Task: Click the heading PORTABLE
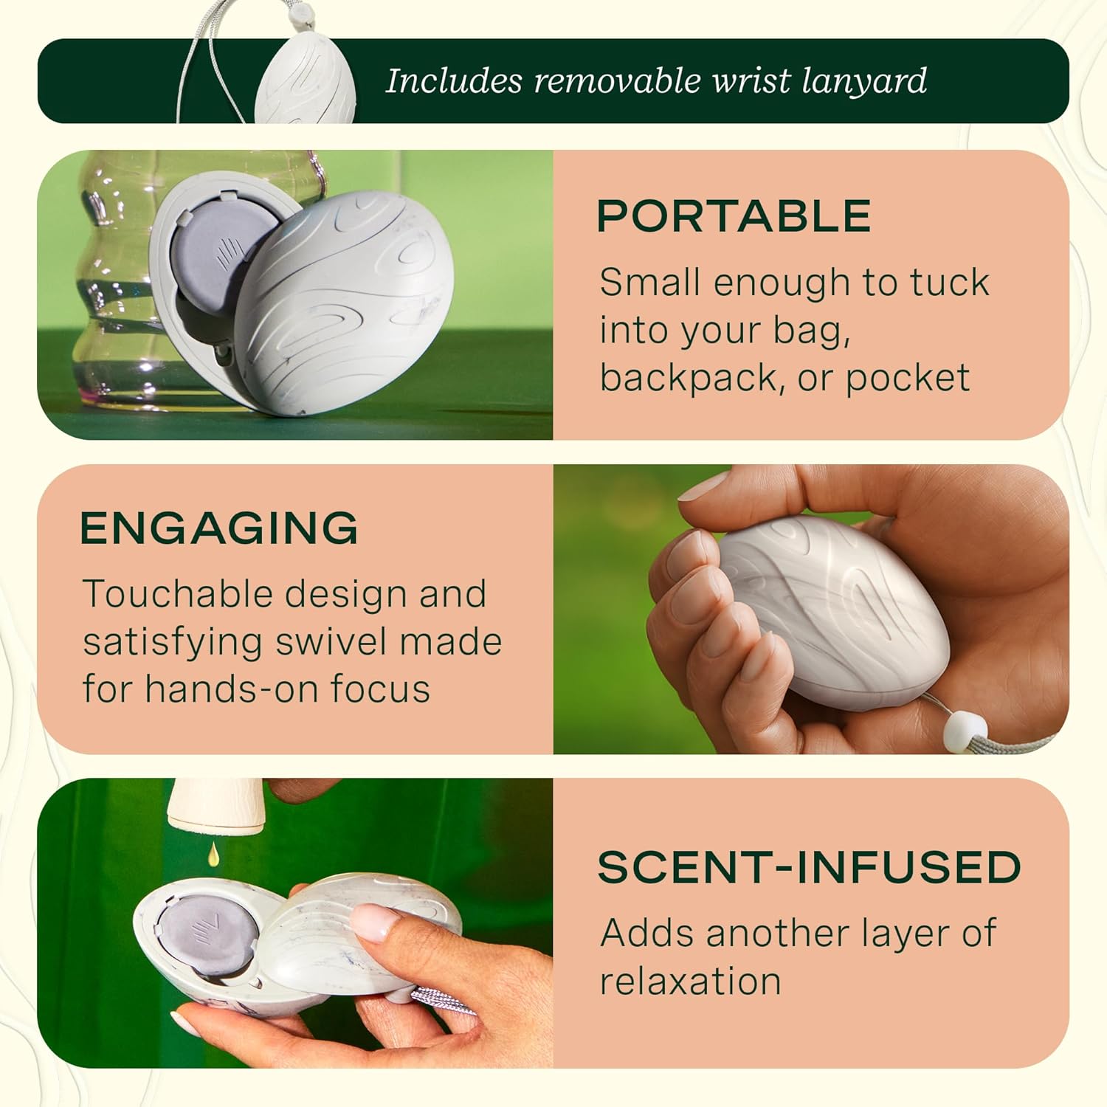pos(734,215)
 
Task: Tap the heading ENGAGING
pos(219,528)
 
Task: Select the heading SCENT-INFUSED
pos(809,867)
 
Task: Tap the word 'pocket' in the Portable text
pos(907,378)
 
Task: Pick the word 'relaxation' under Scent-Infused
pos(690,982)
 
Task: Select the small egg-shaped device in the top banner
pos(305,82)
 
